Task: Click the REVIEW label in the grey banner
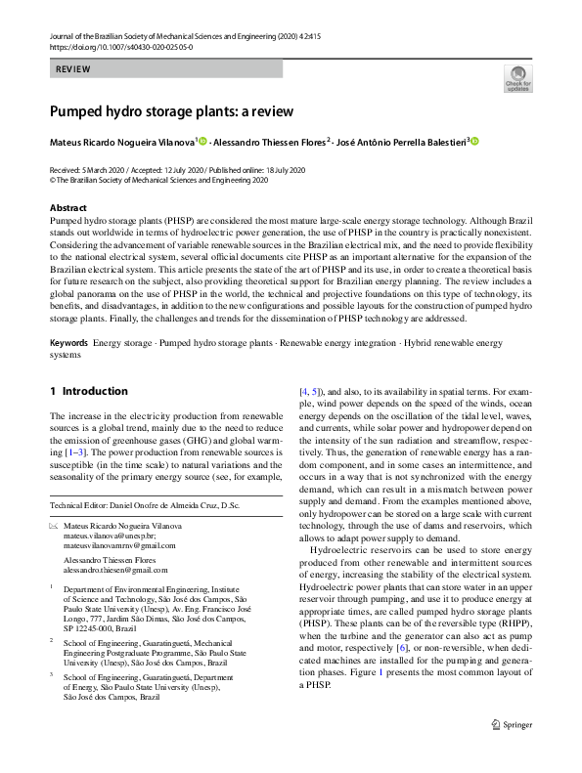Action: coord(74,69)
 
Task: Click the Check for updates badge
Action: coord(517,79)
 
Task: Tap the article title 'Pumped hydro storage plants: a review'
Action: coord(171,110)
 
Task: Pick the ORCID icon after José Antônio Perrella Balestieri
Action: coord(475,143)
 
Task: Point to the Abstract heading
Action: coord(68,208)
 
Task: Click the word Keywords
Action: coord(69,345)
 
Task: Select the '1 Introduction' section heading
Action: coord(89,391)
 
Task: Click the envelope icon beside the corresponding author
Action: coord(53,526)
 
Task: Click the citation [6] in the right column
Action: coord(401,647)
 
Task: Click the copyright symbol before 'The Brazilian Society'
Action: coord(53,181)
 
